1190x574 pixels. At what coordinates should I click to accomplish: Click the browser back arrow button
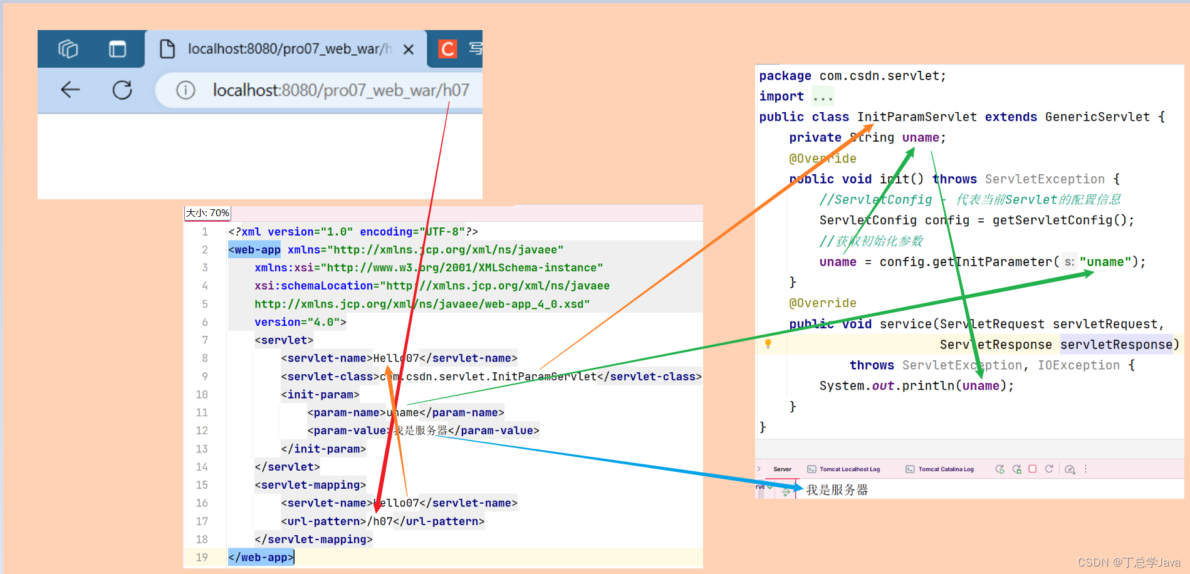tap(70, 90)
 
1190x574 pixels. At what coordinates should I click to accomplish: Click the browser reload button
tap(122, 90)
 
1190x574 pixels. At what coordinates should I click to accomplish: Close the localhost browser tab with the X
tap(409, 49)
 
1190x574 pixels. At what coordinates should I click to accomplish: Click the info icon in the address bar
tap(185, 90)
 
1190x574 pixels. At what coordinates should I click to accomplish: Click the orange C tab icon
tap(447, 49)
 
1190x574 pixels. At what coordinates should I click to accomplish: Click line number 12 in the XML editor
tap(202, 430)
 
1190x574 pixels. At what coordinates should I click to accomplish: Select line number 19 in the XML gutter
tap(202, 557)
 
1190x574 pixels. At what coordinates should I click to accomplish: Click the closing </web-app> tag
tap(261, 557)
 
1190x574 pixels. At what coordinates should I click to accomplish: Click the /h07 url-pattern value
tap(380, 521)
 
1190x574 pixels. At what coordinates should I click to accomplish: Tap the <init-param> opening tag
tap(320, 395)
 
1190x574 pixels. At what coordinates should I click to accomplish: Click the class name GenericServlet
tap(1097, 117)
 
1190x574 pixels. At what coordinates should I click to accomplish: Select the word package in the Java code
tap(785, 76)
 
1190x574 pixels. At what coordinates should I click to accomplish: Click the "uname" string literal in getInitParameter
tap(1109, 262)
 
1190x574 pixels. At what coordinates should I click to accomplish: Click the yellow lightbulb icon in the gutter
tap(768, 343)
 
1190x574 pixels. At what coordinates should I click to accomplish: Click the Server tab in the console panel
tap(782, 469)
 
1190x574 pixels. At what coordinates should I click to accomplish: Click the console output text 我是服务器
tap(837, 490)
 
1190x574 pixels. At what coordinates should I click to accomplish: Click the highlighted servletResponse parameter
tap(1115, 345)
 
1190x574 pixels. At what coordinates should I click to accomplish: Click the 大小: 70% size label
tap(207, 213)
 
